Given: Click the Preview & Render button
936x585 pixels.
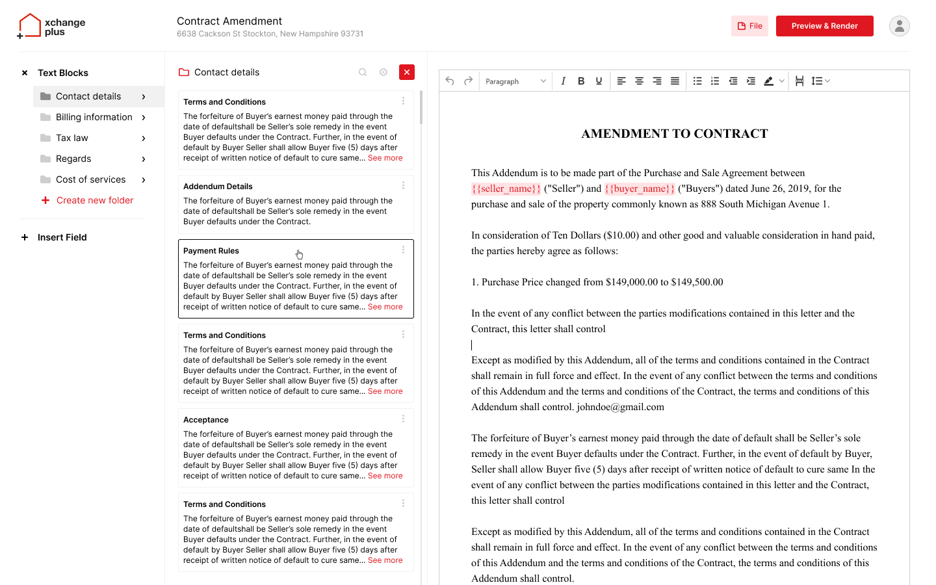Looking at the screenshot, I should tap(824, 26).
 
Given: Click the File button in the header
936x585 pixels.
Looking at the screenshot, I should tap(749, 26).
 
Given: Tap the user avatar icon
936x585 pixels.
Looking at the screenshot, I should tap(899, 26).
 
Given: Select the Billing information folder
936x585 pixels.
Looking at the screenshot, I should tap(94, 117).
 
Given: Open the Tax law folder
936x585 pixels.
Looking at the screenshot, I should tap(71, 138).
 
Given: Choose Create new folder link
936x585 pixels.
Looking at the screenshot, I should tap(94, 200).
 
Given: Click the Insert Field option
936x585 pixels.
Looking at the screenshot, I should tap(62, 237).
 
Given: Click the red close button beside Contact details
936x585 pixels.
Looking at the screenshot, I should tap(407, 72).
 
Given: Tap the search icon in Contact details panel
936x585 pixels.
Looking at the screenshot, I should tap(363, 72).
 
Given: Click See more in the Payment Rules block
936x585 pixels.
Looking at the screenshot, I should tap(385, 307).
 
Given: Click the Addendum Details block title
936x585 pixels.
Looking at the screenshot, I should tap(218, 187).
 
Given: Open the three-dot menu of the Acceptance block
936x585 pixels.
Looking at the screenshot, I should tap(403, 419).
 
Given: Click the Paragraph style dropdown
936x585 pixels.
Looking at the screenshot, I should tap(515, 81).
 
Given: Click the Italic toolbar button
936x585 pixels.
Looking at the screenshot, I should tap(563, 81).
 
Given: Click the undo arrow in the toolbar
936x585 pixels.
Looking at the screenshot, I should tap(450, 81).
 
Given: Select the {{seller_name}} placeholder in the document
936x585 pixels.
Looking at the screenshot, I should tap(506, 188).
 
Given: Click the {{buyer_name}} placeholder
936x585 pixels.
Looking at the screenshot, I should tap(640, 188).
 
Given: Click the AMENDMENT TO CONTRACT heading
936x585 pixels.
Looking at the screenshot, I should tap(674, 134).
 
